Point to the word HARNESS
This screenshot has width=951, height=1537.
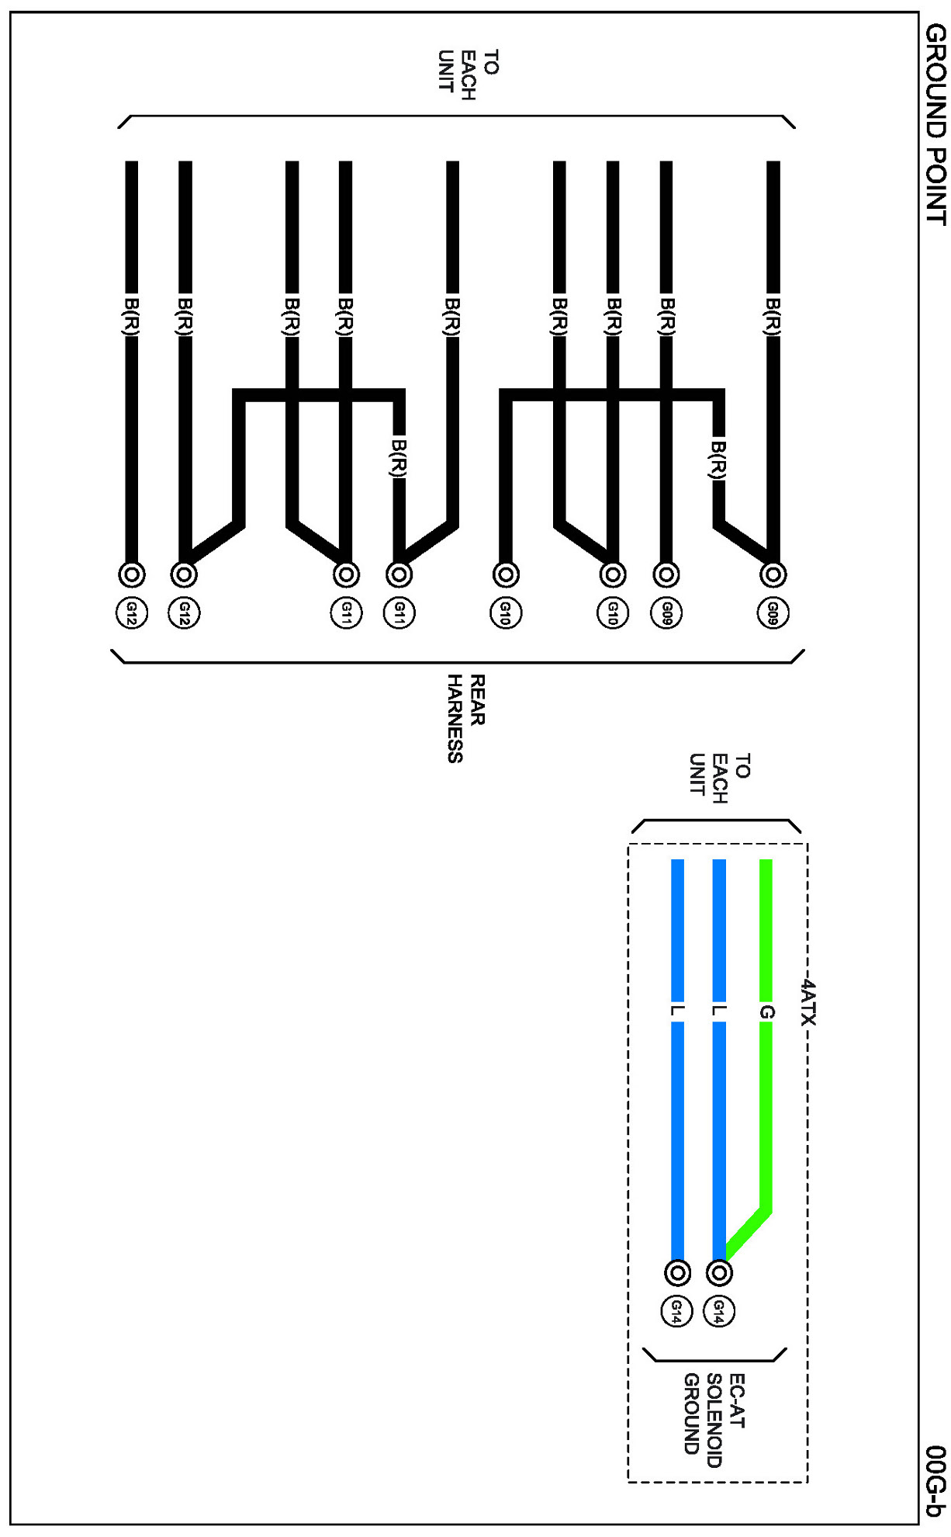pos(455,719)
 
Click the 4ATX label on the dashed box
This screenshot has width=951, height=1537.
pos(808,1002)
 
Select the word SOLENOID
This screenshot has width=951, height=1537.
pos(714,1421)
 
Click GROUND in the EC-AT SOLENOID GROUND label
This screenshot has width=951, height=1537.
pos(692,1414)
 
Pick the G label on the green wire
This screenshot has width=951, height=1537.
pos(766,1012)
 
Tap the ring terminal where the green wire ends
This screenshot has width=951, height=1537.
pos(720,1273)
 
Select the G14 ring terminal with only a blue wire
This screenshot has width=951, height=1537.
pos(677,1273)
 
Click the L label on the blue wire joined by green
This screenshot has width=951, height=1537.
pos(719,1011)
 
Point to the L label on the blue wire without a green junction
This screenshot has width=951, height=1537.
pos(676,1011)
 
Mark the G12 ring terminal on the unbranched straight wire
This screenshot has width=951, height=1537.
pos(132,574)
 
